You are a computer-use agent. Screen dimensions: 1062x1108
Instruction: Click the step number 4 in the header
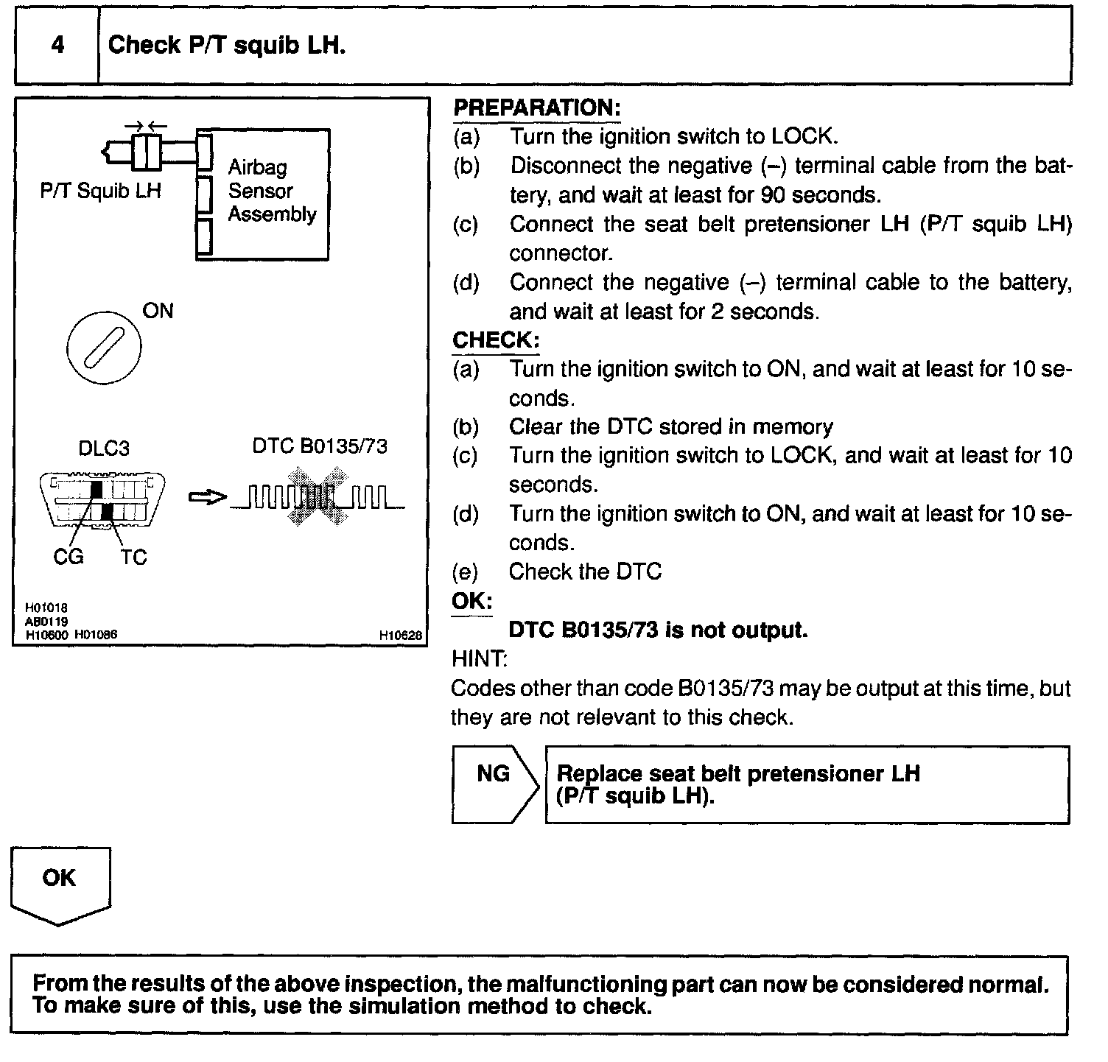57,45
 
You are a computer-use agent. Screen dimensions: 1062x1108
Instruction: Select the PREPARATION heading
537,108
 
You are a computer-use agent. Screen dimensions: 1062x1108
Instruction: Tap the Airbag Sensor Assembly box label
272,191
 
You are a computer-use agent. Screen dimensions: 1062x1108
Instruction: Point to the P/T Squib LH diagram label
100,191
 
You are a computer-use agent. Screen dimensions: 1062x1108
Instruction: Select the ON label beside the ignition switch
158,311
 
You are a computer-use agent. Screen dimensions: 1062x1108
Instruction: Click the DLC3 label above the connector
103,449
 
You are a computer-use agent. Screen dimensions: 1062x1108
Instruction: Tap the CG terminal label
69,558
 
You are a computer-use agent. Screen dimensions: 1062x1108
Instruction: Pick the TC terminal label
133,558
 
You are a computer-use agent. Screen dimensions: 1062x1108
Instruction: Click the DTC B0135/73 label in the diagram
320,446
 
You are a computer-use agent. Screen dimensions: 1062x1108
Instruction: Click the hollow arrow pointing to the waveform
207,498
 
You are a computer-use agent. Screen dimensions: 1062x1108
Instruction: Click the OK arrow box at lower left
60,884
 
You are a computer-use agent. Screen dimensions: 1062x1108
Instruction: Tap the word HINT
477,658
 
